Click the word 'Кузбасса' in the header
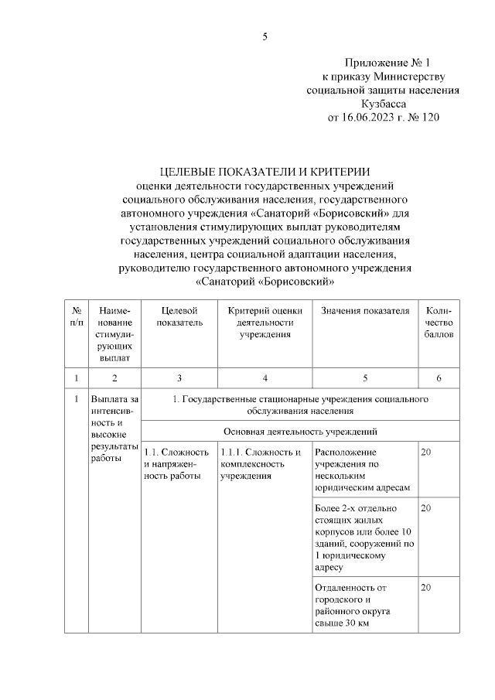384,104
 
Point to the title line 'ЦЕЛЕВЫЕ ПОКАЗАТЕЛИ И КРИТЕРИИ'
265,172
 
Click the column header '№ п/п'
76,315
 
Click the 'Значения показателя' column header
364,310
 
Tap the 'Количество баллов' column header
439,322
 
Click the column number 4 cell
265,378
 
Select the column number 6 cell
439,378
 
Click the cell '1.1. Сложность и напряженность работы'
177,463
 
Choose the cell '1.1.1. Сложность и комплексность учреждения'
261,463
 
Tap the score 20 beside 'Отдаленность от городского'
426,587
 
